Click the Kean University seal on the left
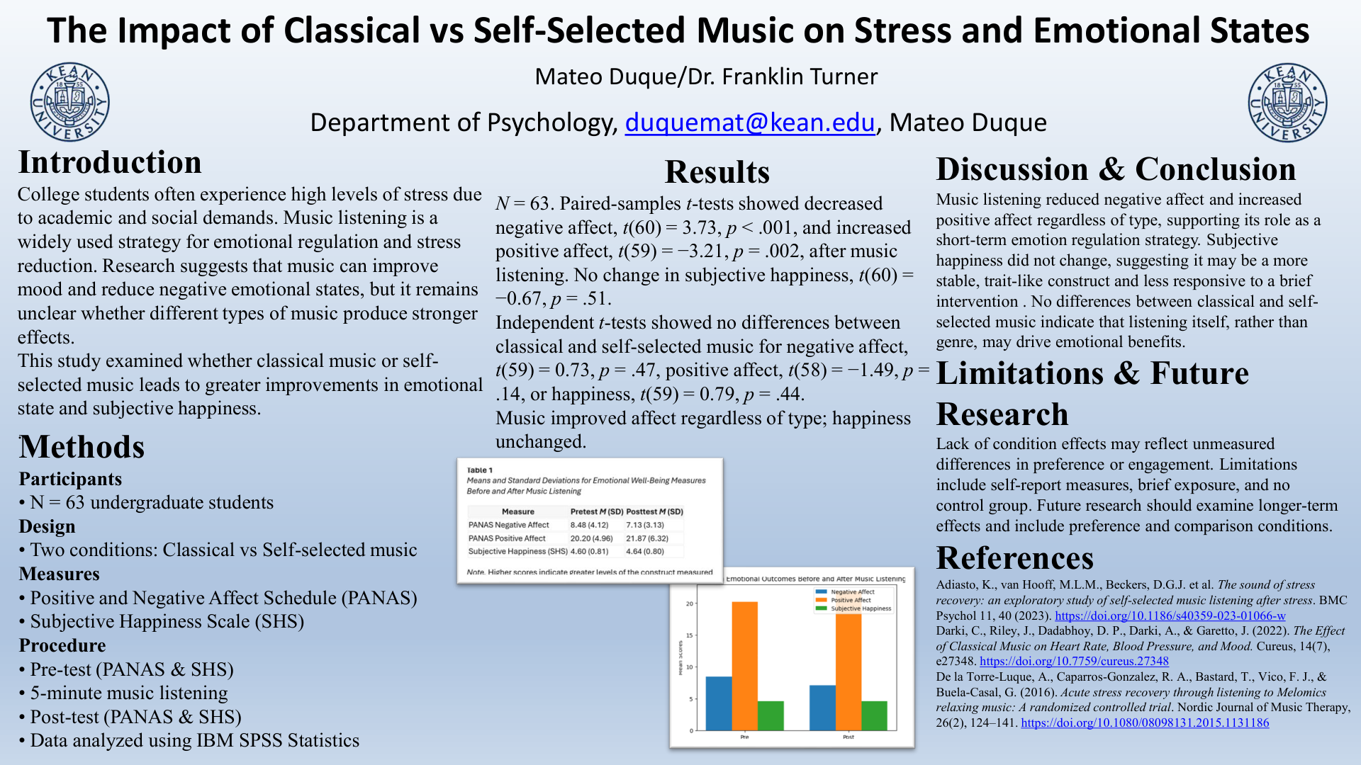coord(69,101)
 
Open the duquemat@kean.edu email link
coord(749,123)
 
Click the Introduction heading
coord(110,162)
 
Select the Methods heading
coord(82,447)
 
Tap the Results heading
coord(717,172)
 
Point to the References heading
coord(1014,558)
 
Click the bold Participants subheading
coord(70,479)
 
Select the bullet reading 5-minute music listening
coord(129,693)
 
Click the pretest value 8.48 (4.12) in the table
coord(589,525)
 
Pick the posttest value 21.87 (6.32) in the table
coord(646,538)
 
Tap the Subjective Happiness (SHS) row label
coord(517,551)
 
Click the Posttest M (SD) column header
coord(654,511)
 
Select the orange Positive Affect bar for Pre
coord(744,666)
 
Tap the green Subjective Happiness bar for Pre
coord(771,715)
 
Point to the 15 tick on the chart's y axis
coord(690,635)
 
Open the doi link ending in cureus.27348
coord(1074,661)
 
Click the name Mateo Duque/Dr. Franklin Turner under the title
coord(706,76)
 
